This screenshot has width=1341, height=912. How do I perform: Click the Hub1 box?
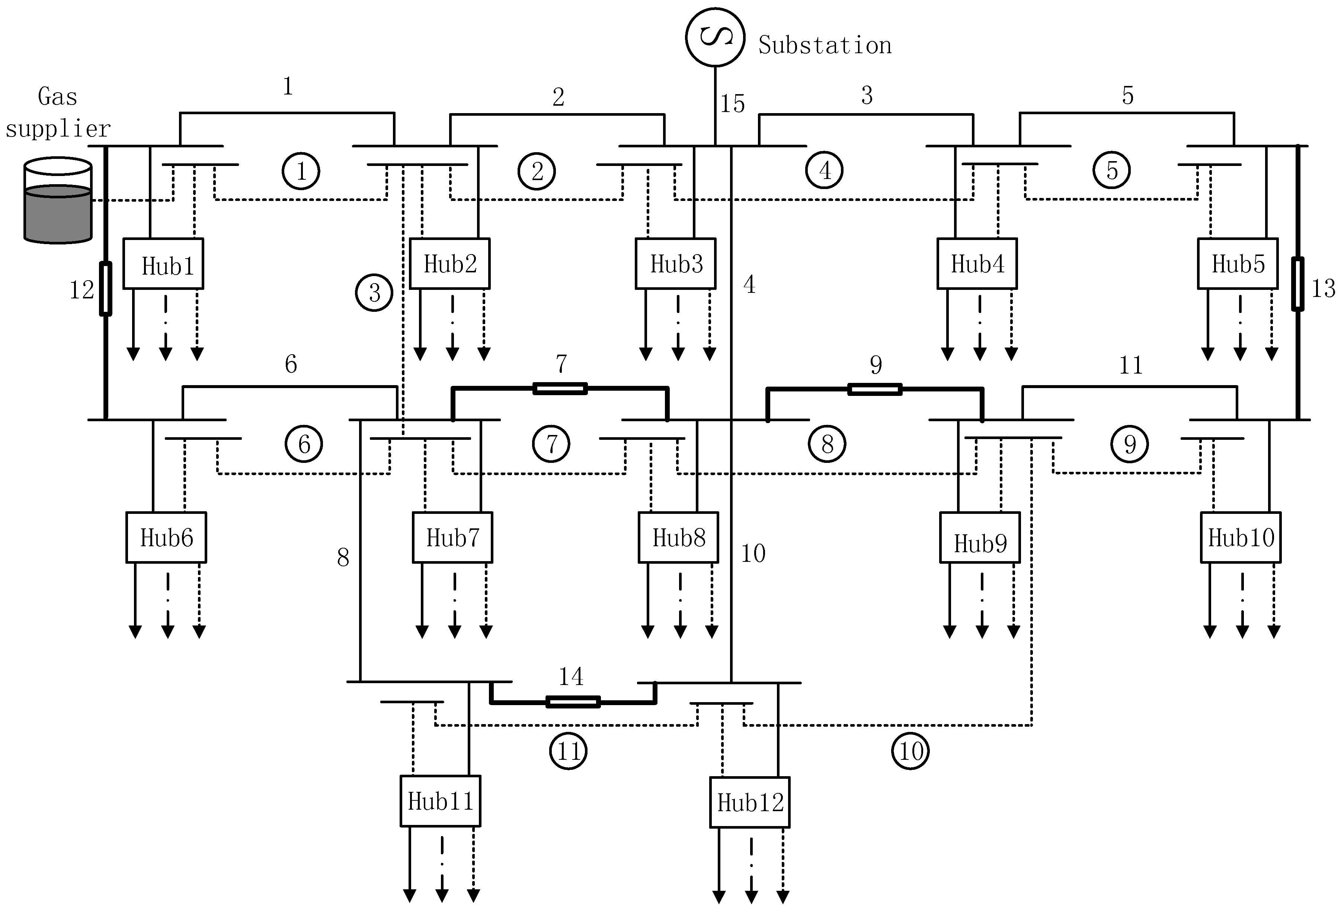tap(164, 263)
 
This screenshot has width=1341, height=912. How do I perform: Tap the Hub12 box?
tap(749, 802)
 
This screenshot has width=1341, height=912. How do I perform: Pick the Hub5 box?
tap(1238, 263)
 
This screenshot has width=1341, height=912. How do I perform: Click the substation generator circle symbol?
tap(715, 37)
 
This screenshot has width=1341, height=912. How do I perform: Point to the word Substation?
tap(825, 45)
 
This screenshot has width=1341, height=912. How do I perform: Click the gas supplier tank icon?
tap(58, 201)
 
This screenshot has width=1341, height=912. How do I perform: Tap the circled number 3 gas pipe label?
tap(374, 293)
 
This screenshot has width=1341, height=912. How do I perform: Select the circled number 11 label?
tap(569, 751)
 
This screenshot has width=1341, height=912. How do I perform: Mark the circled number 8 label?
tap(827, 444)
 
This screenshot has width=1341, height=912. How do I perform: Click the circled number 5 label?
tap(1111, 171)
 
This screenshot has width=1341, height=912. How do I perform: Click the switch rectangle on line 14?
tap(573, 702)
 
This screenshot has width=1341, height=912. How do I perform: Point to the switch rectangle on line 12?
tap(106, 288)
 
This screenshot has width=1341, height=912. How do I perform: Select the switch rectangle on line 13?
tap(1297, 284)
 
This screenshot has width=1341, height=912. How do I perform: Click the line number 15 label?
tap(732, 104)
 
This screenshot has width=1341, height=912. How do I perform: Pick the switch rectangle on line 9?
tap(875, 389)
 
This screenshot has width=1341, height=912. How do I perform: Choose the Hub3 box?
tap(676, 263)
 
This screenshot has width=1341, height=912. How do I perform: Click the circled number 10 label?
tap(910, 751)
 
